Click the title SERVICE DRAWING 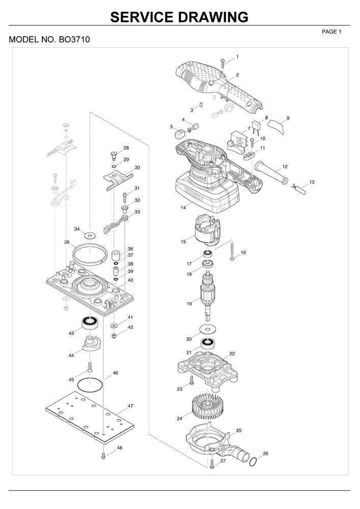(179, 17)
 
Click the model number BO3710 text (74, 40)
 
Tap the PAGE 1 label (331, 32)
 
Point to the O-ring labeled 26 (254, 462)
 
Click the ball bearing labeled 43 (90, 322)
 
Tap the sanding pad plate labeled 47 (90, 417)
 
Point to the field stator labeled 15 (207, 230)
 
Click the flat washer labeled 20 (207, 329)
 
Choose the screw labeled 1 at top (223, 63)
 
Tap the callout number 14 (183, 207)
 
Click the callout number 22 (232, 354)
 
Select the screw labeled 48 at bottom (103, 456)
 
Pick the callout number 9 (288, 118)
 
